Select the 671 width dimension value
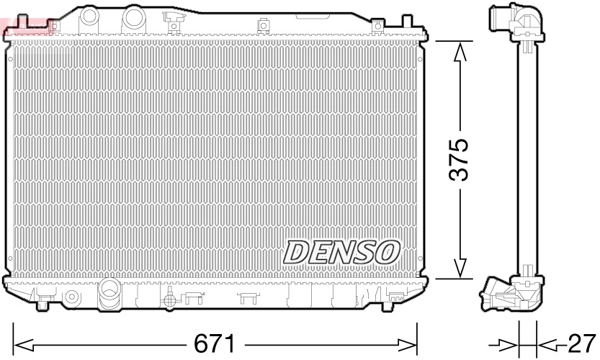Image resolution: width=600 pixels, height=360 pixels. click(213, 341)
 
